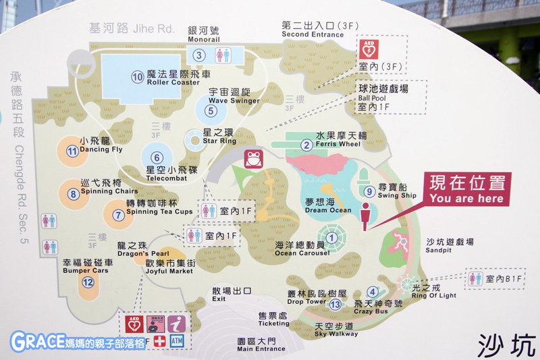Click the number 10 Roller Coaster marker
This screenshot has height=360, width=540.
(138, 77)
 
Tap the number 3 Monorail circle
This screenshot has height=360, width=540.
(199, 55)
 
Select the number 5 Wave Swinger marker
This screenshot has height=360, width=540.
(211, 111)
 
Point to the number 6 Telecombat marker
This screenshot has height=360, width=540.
(156, 157)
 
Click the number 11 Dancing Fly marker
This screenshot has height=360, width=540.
(72, 152)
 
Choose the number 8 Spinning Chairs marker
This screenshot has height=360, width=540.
(74, 195)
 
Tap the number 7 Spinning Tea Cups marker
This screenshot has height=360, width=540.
(119, 215)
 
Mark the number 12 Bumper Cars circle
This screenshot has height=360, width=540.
(87, 282)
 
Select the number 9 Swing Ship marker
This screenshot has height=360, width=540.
(369, 192)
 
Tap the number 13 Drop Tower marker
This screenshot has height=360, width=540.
(336, 304)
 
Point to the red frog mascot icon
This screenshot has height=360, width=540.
(254, 161)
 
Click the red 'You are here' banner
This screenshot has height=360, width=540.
(466, 188)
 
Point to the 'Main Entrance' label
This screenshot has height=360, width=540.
(260, 345)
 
